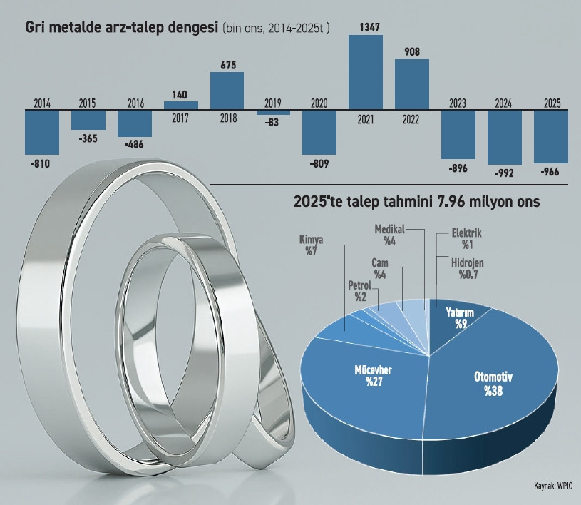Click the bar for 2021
click(365, 72)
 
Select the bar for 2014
click(42, 132)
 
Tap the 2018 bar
click(227, 91)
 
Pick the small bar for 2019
click(273, 112)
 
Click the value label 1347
click(365, 27)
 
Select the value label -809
click(319, 162)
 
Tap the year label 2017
click(181, 118)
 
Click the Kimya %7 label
click(311, 246)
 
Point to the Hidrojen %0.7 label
click(470, 267)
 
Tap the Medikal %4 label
click(389, 235)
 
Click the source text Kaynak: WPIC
click(554, 486)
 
